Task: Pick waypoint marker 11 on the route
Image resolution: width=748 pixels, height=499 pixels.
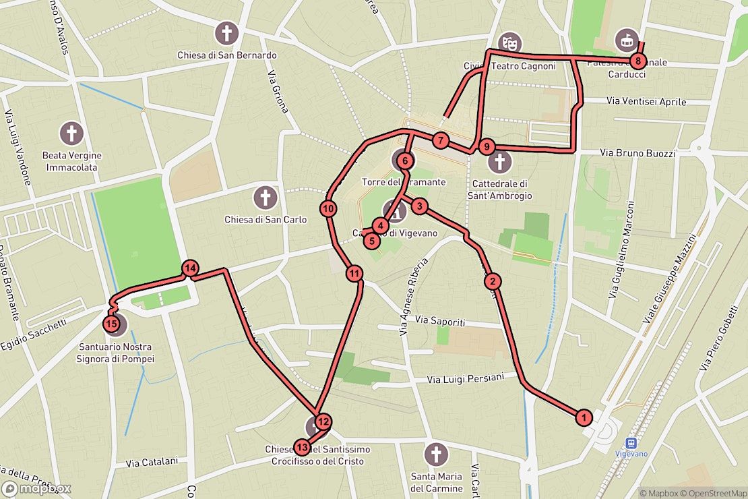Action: click(354, 274)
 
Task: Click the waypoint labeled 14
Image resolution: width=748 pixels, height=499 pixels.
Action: click(190, 268)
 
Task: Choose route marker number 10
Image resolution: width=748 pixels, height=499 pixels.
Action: click(329, 209)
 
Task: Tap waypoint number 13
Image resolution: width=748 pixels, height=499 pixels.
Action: click(302, 447)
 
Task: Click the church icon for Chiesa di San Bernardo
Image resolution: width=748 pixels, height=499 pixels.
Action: click(227, 32)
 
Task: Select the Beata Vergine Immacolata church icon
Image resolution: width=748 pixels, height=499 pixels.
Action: click(71, 134)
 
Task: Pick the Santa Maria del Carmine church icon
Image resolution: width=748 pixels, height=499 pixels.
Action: click(437, 454)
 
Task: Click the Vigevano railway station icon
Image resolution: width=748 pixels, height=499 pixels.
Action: click(631, 443)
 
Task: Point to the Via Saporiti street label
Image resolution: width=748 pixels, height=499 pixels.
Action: click(440, 321)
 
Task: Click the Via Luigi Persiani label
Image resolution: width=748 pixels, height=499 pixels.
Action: click(465, 379)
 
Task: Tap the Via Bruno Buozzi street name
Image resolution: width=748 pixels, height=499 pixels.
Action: click(637, 154)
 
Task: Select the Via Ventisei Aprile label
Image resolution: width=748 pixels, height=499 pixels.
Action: click(646, 102)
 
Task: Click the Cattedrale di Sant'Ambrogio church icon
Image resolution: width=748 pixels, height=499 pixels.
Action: click(500, 162)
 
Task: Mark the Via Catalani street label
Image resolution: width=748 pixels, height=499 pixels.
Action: click(152, 463)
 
